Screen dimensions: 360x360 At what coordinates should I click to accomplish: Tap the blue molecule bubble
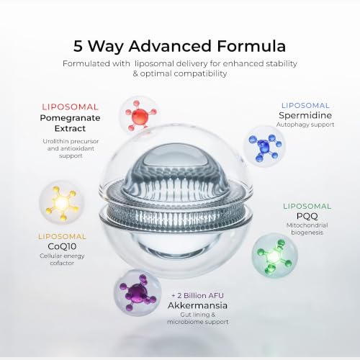(x=264, y=146)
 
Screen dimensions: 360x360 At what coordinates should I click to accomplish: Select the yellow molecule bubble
(x=62, y=203)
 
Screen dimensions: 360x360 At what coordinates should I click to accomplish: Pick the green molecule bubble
(x=274, y=256)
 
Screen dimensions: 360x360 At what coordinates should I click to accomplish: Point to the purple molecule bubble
(x=138, y=292)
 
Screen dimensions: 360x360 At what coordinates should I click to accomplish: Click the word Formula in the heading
(x=251, y=46)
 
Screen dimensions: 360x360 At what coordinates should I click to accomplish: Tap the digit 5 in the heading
(x=78, y=46)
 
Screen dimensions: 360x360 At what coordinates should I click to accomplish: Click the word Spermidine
(x=305, y=115)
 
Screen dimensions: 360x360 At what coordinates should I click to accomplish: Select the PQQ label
(x=307, y=216)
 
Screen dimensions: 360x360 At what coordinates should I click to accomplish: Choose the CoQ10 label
(x=62, y=246)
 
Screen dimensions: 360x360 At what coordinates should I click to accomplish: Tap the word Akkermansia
(x=197, y=305)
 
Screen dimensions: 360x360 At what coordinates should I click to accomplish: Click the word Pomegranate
(x=70, y=118)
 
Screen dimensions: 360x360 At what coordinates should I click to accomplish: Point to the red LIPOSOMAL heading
(x=70, y=107)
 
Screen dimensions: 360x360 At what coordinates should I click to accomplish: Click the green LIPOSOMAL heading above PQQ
(x=307, y=206)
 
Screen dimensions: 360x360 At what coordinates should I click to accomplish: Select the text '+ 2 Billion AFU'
(x=197, y=295)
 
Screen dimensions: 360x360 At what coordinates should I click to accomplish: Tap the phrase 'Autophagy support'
(x=305, y=125)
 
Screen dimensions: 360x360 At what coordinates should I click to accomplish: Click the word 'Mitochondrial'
(x=307, y=225)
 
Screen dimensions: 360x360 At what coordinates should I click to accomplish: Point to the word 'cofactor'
(x=62, y=263)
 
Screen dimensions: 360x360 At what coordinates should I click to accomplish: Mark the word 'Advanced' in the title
(x=170, y=46)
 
